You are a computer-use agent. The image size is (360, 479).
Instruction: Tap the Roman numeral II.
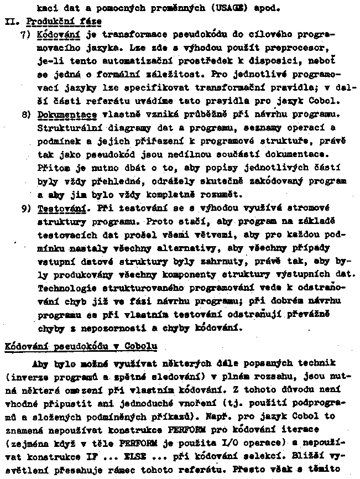point(12,21)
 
